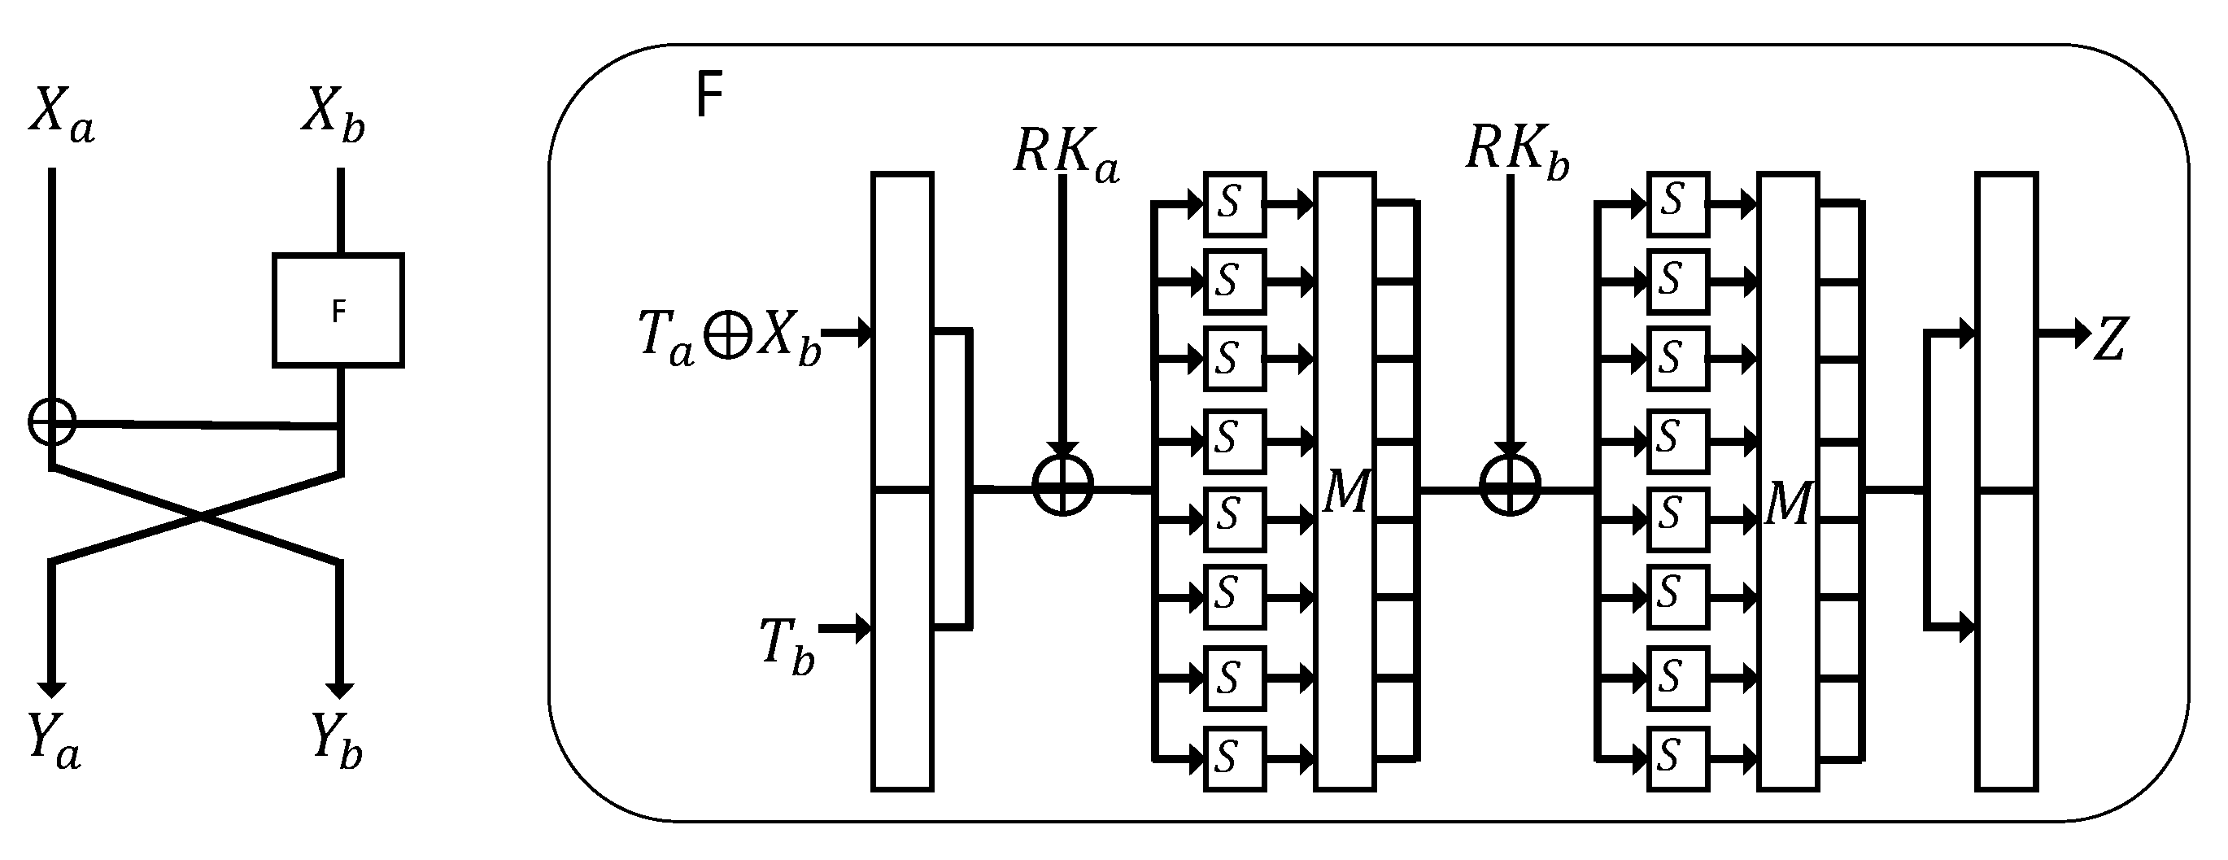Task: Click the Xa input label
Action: (x=60, y=114)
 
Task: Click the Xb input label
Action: (x=333, y=114)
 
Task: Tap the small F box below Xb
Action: (x=338, y=311)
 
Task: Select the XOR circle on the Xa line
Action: (x=52, y=422)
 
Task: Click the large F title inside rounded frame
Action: (x=709, y=95)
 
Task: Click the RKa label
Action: (x=1066, y=154)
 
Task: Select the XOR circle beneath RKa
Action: (x=1064, y=486)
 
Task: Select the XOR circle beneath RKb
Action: (x=1510, y=486)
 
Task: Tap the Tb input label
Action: (x=787, y=645)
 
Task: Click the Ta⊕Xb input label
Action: (x=729, y=336)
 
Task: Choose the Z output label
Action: (x=2110, y=339)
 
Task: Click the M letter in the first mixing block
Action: (x=1345, y=491)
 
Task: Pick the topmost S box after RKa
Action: (x=1234, y=204)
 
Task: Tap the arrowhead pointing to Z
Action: (x=2081, y=333)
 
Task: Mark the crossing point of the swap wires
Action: (x=201, y=517)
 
